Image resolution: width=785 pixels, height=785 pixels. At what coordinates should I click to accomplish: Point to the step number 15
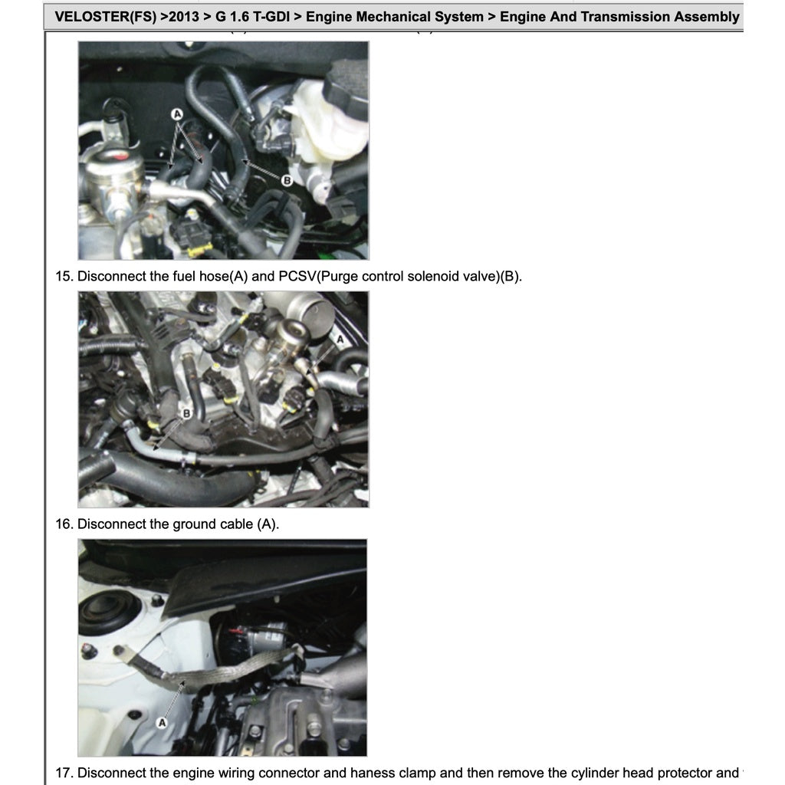click(63, 276)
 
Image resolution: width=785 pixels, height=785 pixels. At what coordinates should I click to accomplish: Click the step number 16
click(63, 524)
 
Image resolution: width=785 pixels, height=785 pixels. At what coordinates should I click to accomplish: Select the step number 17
click(63, 773)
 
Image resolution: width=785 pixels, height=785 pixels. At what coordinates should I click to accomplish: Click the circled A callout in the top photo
click(177, 113)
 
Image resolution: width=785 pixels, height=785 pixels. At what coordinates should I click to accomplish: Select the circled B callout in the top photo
click(287, 181)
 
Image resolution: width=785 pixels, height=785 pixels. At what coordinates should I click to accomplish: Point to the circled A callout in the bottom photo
click(163, 722)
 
